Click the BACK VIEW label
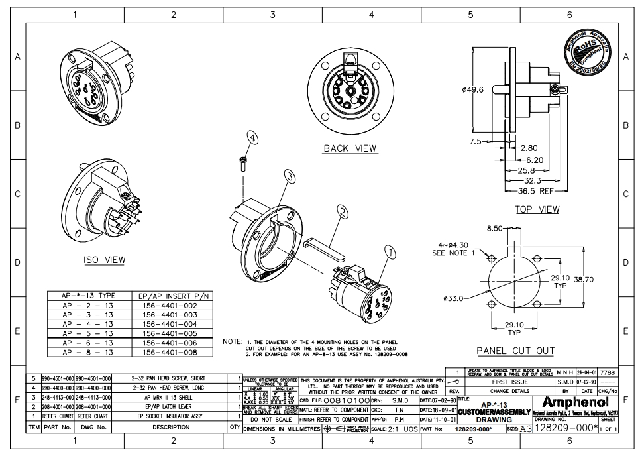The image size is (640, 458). (x=349, y=148)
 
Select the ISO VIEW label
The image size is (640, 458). (x=104, y=260)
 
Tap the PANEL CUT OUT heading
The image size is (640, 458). (x=515, y=350)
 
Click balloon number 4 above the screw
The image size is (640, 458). (x=252, y=138)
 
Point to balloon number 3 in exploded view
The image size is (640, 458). (x=289, y=175)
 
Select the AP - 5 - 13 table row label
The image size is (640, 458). (x=87, y=333)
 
